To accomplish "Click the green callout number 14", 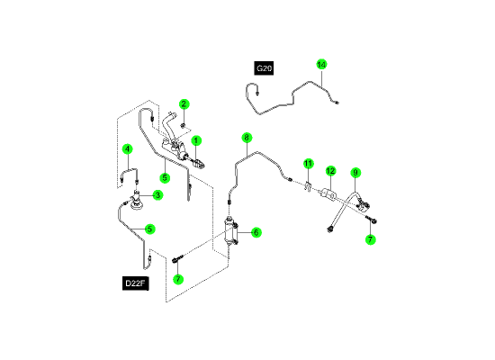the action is (321, 65).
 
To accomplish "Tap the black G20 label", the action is (264, 68).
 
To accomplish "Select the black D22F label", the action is (135, 283).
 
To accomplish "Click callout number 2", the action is (184, 103).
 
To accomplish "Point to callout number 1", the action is (196, 140).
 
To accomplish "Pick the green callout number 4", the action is (127, 148).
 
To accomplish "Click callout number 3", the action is (157, 195).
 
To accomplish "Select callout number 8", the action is (247, 138).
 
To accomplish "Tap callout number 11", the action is (308, 164).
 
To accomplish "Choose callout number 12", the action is (330, 171).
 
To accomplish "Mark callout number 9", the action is (355, 173).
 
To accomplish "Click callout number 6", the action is (256, 233).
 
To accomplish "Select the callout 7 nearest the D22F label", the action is (178, 279).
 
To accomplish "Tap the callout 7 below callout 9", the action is (370, 239).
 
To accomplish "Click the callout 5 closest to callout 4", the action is (165, 178).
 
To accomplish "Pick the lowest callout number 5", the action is (150, 229).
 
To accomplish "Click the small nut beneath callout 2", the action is (183, 126).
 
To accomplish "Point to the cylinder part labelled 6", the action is (230, 231).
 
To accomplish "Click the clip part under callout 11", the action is (308, 185).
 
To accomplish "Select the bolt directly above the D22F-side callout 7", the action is (177, 259).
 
